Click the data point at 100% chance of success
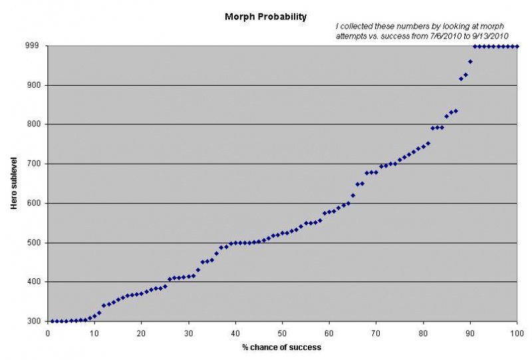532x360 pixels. (517, 46)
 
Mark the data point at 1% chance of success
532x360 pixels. (52, 321)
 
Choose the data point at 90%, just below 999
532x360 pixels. (470, 61)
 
